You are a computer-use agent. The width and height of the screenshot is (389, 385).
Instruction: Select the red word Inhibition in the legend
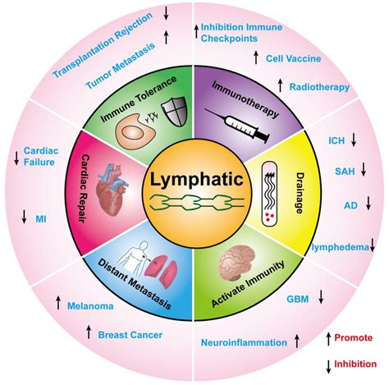359,364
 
